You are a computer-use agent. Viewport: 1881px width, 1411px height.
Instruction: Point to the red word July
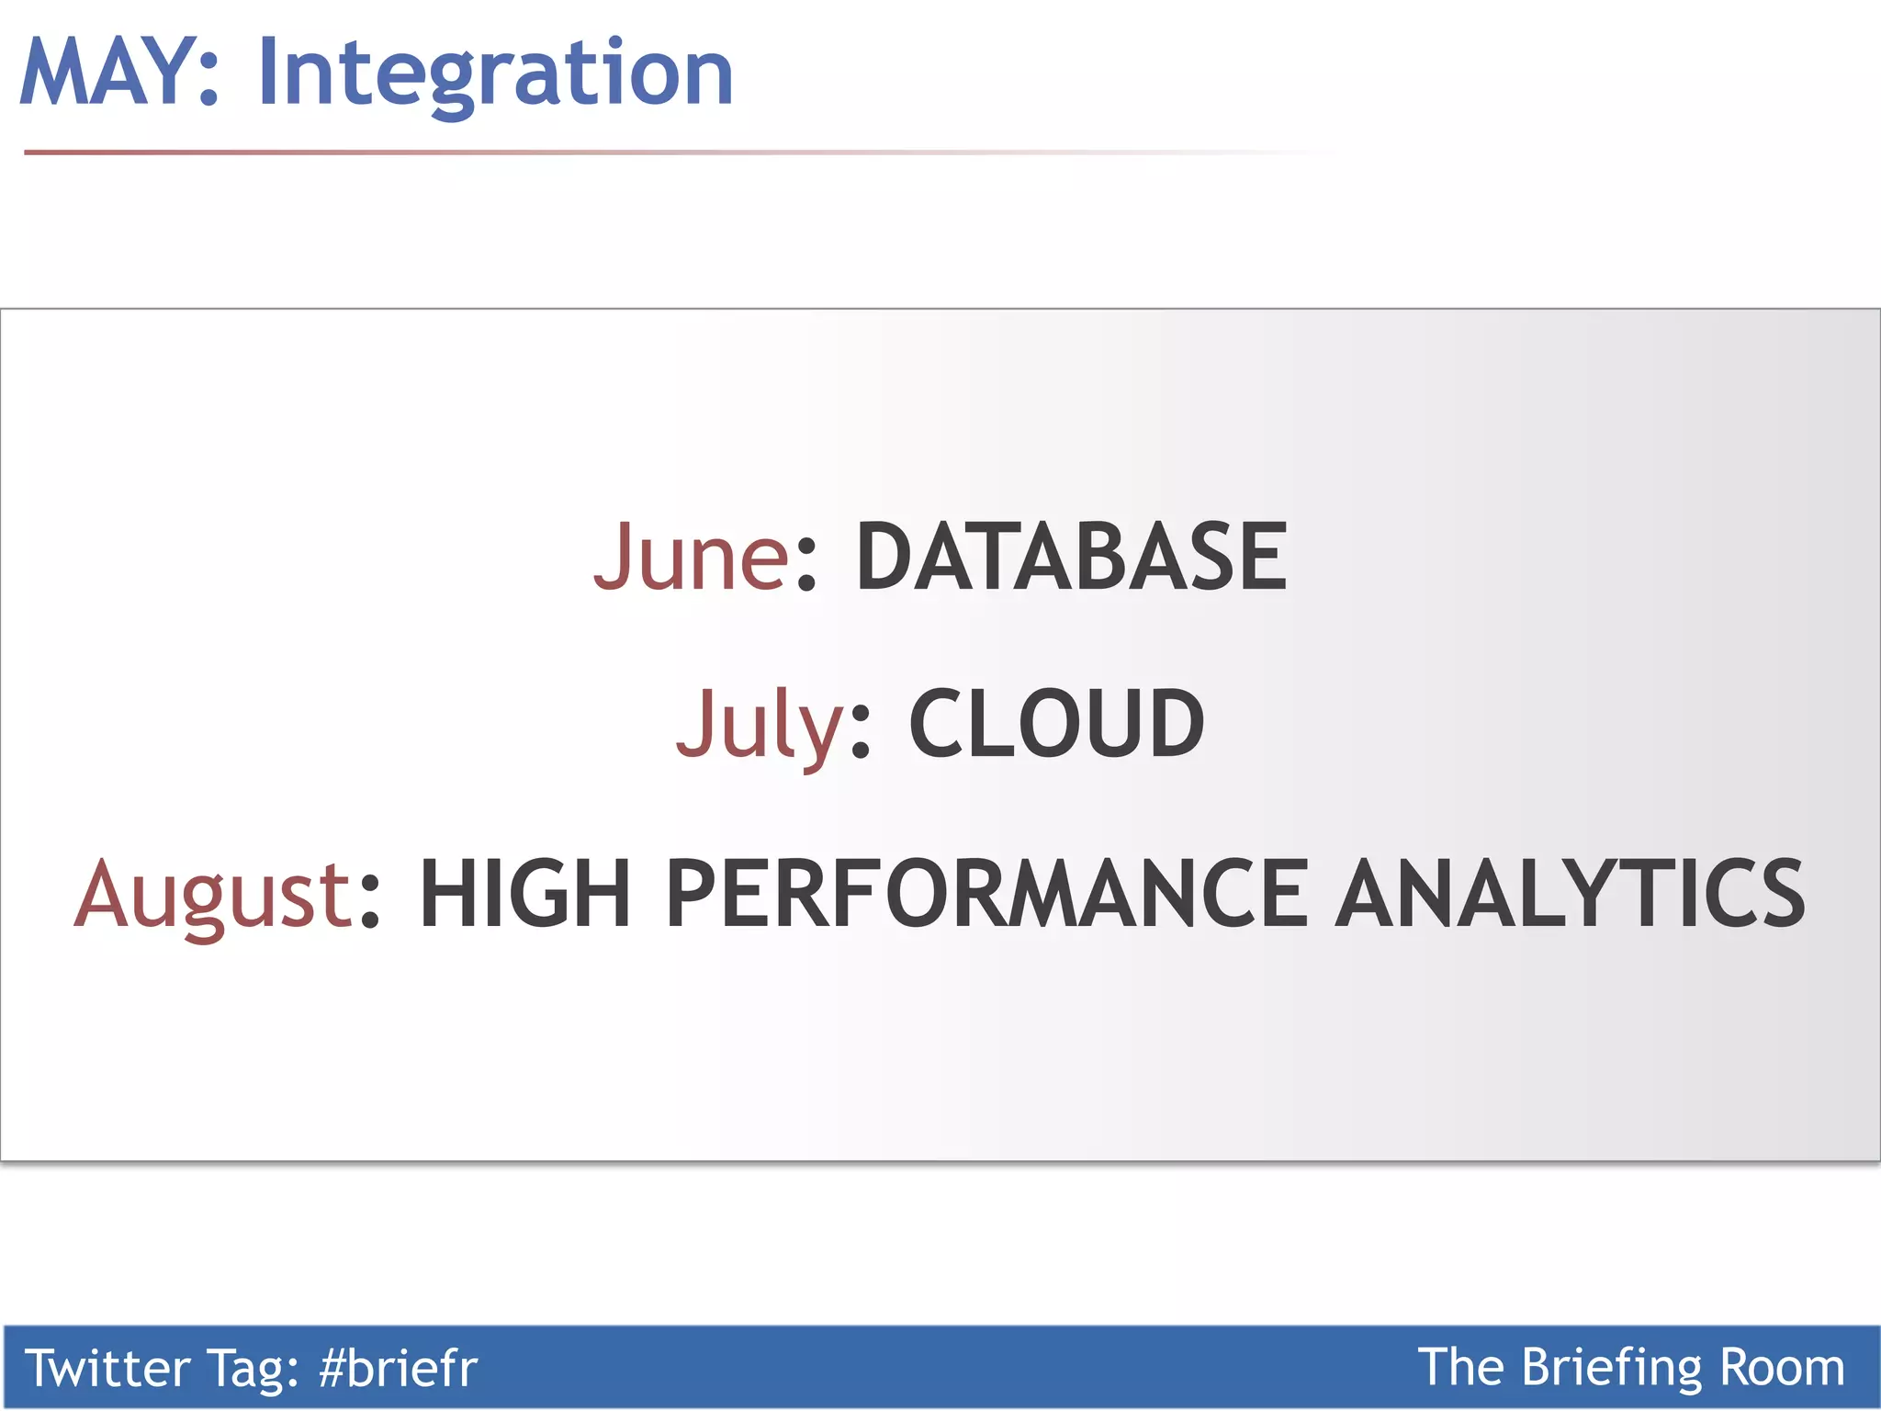tap(759, 725)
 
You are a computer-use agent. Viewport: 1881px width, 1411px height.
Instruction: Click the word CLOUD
tap(1056, 725)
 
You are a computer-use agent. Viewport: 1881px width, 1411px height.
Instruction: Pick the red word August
tap(213, 895)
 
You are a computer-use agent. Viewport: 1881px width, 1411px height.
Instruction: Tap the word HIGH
tap(524, 895)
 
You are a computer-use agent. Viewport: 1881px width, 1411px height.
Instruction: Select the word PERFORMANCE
tap(987, 895)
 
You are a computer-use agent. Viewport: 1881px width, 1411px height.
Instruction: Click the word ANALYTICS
tap(1570, 895)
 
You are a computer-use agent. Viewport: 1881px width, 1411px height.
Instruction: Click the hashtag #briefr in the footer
tap(398, 1368)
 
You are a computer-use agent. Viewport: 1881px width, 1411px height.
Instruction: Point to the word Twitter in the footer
tap(107, 1368)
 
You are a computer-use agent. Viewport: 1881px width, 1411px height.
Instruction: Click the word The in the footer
tap(1460, 1368)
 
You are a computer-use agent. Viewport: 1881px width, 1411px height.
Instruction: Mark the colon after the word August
tap(369, 900)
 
